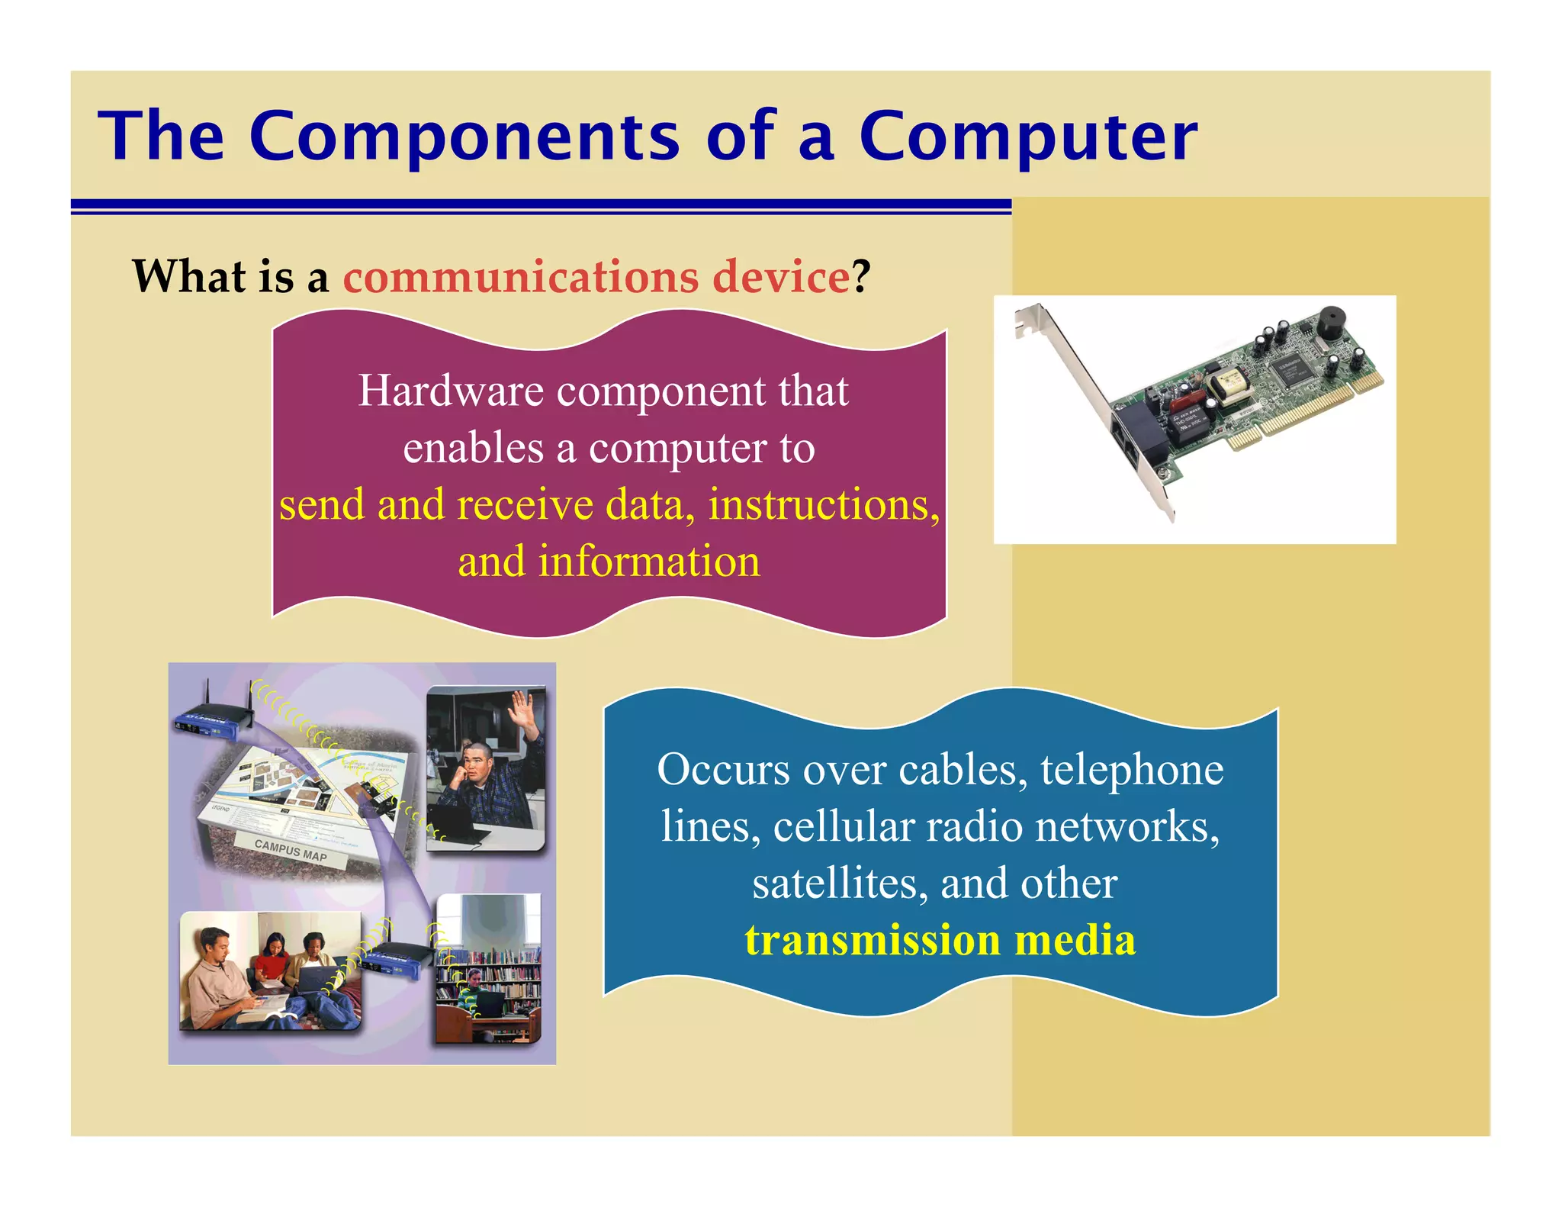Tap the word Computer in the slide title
1028,137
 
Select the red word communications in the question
521,276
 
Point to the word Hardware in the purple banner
451,391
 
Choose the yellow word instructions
824,505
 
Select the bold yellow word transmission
873,940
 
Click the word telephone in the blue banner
1132,770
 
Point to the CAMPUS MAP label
291,850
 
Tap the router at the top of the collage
210,721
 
